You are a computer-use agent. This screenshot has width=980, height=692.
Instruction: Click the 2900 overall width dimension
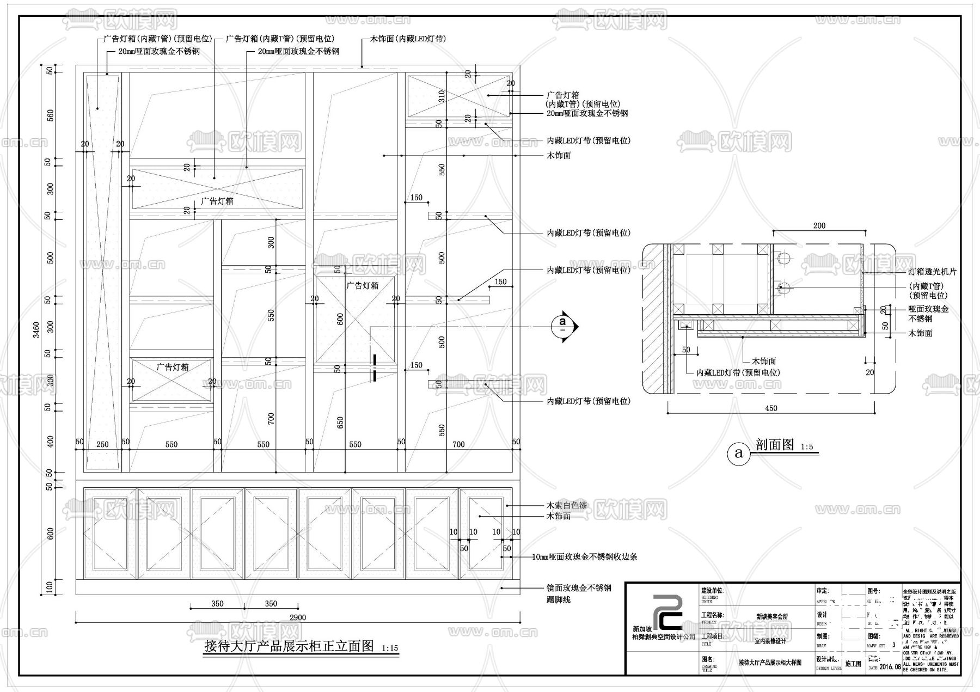(298, 617)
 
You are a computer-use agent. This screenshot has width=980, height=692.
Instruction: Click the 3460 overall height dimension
(36, 329)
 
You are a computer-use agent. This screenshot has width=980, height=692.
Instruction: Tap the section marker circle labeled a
(563, 326)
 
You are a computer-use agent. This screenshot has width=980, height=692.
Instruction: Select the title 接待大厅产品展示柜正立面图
(289, 646)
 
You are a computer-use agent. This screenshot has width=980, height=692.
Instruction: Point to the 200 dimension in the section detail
(819, 225)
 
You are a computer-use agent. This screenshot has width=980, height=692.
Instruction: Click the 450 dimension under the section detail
(771, 408)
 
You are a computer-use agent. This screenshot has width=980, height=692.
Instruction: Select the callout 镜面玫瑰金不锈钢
(579, 588)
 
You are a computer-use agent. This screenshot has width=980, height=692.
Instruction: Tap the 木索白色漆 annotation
(567, 505)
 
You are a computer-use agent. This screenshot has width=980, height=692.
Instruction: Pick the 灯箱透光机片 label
(932, 272)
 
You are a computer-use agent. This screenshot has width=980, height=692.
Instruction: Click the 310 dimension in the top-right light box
(442, 96)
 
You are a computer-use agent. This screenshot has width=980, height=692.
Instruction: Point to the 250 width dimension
(102, 444)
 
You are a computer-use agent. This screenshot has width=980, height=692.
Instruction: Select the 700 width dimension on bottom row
(458, 444)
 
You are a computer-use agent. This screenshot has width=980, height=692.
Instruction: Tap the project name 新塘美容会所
(772, 617)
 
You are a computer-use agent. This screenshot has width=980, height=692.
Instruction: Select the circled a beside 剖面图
(739, 452)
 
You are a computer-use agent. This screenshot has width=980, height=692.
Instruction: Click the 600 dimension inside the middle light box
(341, 319)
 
